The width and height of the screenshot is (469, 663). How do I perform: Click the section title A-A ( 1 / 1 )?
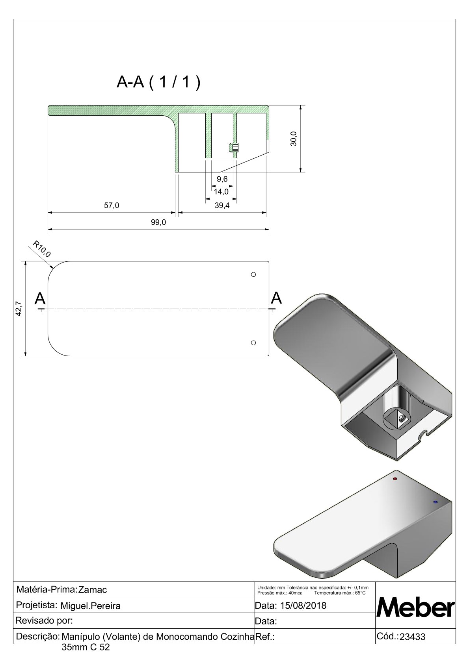(158, 82)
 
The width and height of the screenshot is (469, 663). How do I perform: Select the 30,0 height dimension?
(294, 139)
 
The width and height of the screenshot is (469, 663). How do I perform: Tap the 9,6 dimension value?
(222, 179)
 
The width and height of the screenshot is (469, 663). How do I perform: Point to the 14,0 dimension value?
(221, 192)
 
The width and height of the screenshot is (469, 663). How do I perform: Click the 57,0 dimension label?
(112, 205)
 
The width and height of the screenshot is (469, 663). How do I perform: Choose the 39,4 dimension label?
(222, 205)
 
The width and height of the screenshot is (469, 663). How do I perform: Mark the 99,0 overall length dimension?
(158, 222)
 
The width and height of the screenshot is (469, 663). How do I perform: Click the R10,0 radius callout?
(41, 249)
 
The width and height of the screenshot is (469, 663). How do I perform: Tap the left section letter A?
(40, 299)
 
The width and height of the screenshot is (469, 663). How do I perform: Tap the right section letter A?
(277, 298)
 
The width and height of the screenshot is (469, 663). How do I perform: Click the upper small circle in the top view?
(253, 274)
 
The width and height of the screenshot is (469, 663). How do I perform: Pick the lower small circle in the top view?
(253, 343)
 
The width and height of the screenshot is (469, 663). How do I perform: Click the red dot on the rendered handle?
(395, 479)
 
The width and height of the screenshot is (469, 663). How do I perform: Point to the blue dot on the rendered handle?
(435, 502)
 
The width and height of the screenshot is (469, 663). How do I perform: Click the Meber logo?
(416, 608)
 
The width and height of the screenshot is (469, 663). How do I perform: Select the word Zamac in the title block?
(93, 590)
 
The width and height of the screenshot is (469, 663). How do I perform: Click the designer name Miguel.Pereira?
(90, 606)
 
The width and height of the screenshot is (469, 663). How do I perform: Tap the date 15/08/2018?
(303, 606)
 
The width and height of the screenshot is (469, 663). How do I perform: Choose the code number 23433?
(413, 637)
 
